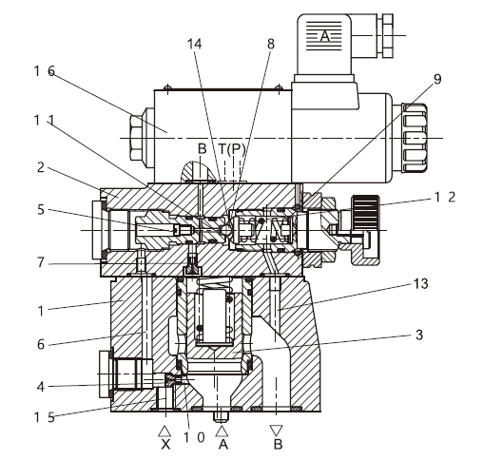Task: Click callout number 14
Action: [194, 44]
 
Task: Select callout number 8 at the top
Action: [271, 44]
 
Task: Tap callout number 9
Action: [437, 79]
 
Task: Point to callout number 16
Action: [45, 71]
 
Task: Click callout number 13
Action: [421, 283]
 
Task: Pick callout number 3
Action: [419, 335]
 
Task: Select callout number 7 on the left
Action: [41, 262]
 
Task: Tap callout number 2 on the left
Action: [41, 167]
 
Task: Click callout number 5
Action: [41, 210]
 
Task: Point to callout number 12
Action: [445, 198]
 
